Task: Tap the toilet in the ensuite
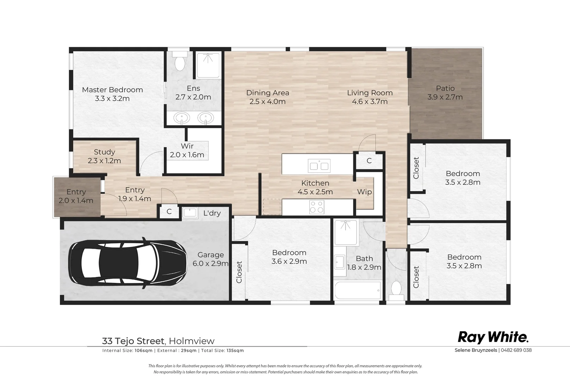coord(180,61)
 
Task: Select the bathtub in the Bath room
coord(358,290)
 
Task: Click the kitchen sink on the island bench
coord(319,166)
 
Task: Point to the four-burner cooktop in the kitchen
coord(317,207)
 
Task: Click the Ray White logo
coord(493,337)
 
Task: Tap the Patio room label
coord(445,88)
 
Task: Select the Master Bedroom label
coord(112,90)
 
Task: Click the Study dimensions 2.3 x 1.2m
coord(104,161)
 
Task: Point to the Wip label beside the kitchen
coord(364,192)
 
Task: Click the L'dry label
coord(212,213)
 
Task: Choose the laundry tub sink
coord(190,213)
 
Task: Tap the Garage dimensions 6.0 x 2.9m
coord(210,264)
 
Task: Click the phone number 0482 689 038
coord(516,350)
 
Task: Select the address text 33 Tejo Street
coord(133,341)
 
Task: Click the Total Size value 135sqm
coord(235,350)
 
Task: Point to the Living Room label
coord(370,93)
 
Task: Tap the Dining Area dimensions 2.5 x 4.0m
coord(267,102)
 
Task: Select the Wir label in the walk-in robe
coord(187,146)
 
